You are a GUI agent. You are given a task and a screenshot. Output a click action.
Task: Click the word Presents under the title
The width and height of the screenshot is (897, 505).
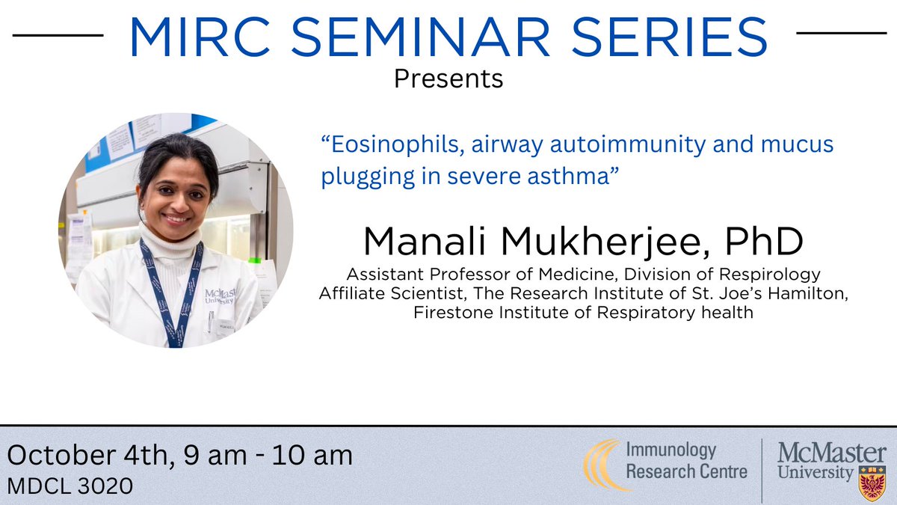click(449, 78)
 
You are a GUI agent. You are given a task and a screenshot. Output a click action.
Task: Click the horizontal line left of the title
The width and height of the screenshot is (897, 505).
click(58, 34)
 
